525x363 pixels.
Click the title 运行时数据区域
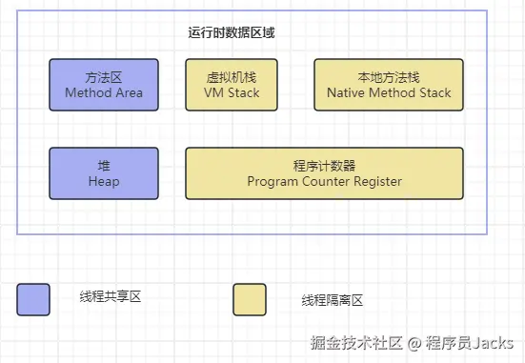click(232, 32)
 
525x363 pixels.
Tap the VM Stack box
click(232, 84)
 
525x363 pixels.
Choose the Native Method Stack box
click(389, 84)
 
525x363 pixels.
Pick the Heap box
click(104, 173)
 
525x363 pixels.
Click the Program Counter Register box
click(324, 173)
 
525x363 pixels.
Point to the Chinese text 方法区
click(104, 77)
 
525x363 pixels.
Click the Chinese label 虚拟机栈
click(232, 77)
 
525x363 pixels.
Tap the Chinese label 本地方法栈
click(389, 77)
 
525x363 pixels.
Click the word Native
click(348, 93)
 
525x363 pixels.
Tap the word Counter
click(324, 181)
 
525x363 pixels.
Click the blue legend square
click(33, 299)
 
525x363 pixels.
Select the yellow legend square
click(250, 299)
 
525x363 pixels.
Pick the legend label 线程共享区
click(111, 298)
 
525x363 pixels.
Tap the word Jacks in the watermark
click(495, 343)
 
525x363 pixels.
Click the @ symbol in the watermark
click(415, 343)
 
